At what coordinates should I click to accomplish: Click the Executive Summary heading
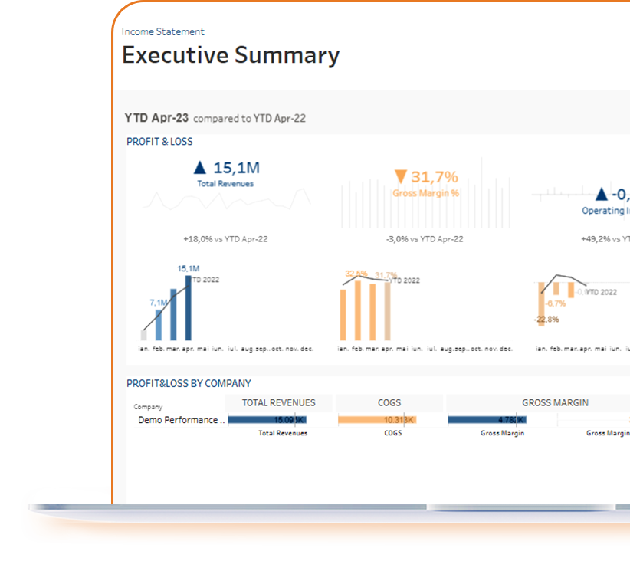click(231, 56)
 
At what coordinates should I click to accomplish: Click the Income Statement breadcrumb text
click(163, 32)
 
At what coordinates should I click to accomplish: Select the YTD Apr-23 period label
click(156, 118)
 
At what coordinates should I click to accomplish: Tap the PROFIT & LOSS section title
click(159, 142)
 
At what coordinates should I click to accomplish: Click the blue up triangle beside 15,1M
click(200, 168)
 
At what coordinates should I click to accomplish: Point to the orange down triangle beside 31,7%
click(400, 177)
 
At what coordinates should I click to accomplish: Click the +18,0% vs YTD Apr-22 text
click(225, 239)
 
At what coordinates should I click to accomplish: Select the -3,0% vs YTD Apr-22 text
click(425, 239)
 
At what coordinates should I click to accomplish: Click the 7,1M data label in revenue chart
click(158, 303)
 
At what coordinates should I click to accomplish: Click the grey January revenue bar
click(144, 334)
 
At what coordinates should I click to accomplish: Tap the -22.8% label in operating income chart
click(547, 319)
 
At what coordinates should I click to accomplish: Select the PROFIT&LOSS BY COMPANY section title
click(189, 384)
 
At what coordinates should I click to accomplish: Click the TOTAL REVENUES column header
click(278, 403)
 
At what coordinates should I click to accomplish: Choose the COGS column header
click(389, 403)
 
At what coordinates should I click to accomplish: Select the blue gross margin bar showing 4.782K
click(487, 420)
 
